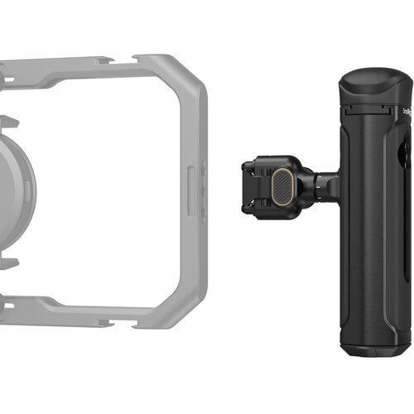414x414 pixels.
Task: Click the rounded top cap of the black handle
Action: click(374, 84)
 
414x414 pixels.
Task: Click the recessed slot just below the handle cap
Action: click(364, 110)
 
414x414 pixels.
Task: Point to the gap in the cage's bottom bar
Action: click(116, 319)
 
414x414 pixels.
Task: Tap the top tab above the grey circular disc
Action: click(8, 122)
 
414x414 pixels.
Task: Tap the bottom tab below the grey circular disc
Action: click(8, 263)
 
